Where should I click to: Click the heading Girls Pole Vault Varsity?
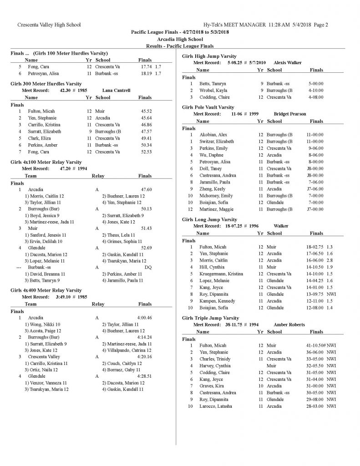coord(208,107)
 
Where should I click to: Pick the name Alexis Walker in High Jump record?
coord(288,62)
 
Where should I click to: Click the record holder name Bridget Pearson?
coord(290,114)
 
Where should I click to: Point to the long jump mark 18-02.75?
coord(314,246)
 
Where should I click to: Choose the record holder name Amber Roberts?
coord(289,324)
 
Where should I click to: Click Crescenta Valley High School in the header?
coord(49,24)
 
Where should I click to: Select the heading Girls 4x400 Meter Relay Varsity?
coord(46,290)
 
